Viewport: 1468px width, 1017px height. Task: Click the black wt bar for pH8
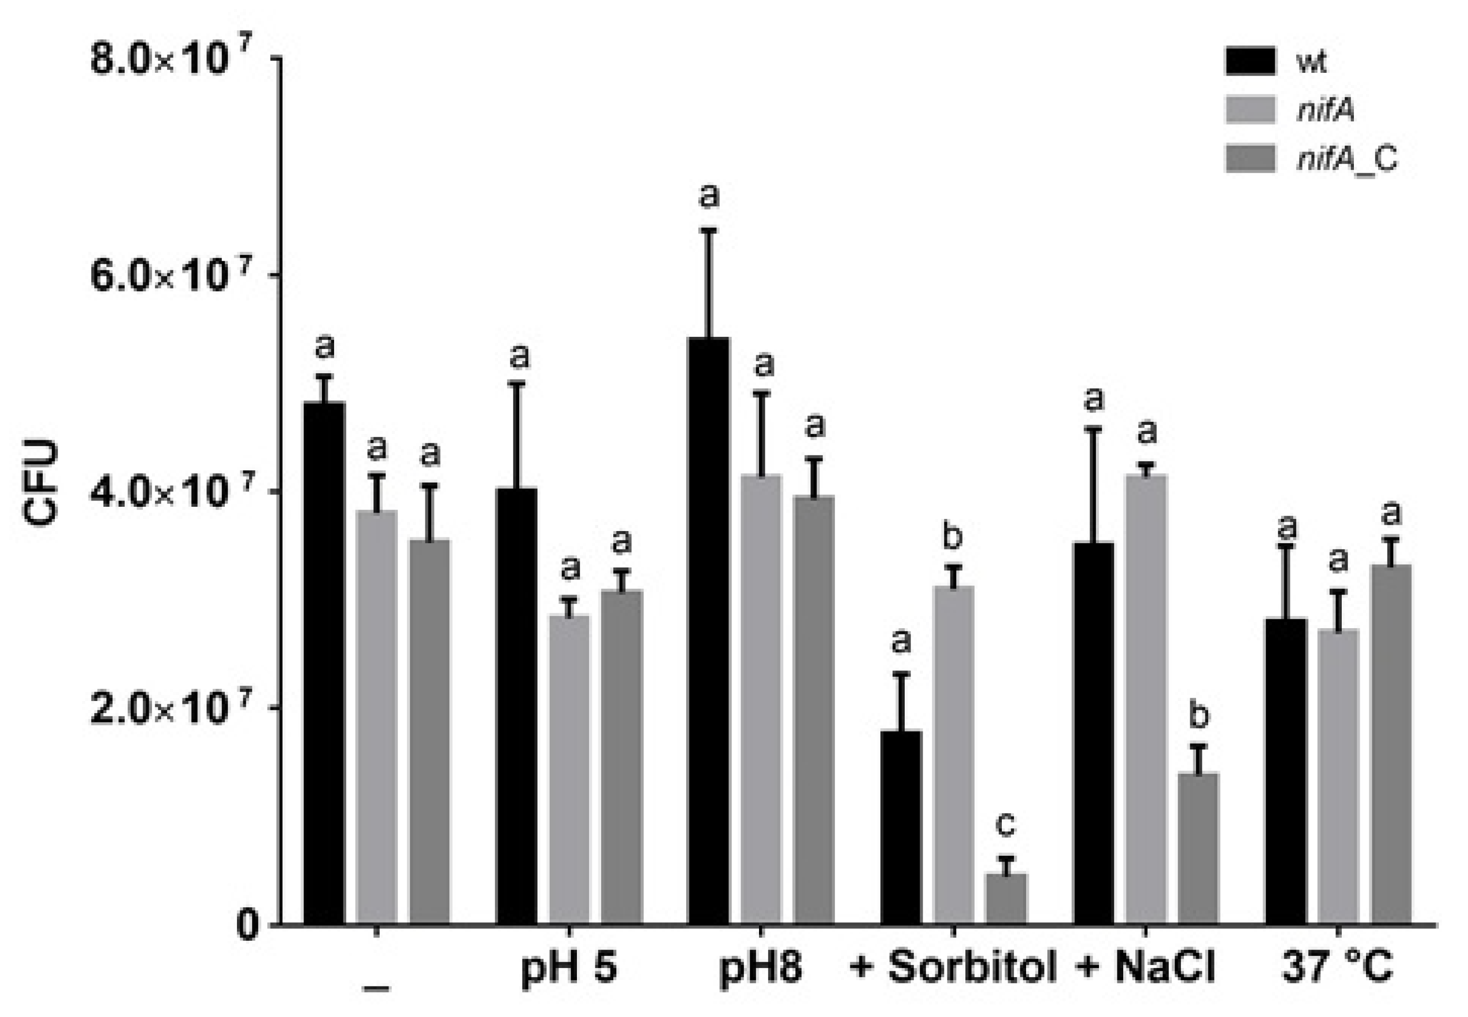pos(708,631)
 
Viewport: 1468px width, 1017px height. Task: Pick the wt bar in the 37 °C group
pos(1286,771)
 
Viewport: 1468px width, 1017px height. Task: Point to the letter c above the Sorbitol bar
pos(1005,824)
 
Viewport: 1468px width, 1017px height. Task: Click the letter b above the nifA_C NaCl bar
pos(1199,716)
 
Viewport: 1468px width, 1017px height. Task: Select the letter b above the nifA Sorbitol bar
pos(952,536)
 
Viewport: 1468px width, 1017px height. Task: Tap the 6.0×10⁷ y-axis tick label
pos(171,275)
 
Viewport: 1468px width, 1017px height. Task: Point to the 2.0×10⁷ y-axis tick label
pos(171,709)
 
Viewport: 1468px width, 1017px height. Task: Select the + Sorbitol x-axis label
pos(954,968)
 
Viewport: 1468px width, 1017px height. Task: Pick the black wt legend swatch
pos(1250,61)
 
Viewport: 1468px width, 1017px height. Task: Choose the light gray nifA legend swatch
pos(1250,110)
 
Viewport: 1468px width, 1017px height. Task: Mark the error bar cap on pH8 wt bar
pos(708,230)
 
